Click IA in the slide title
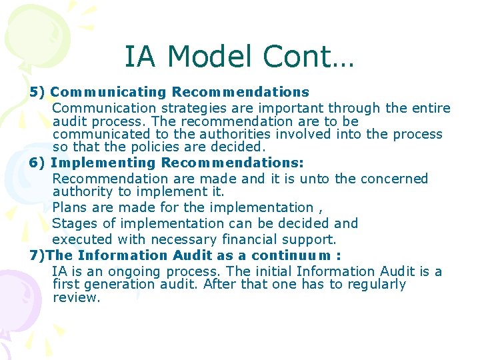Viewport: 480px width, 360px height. pyautogui.click(x=139, y=57)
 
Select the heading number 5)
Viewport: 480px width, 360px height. pyautogui.click(x=37, y=92)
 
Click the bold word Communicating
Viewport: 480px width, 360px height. pyautogui.click(x=109, y=92)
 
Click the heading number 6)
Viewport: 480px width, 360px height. pyautogui.click(x=37, y=163)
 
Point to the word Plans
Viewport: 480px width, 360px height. pyautogui.click(x=69, y=207)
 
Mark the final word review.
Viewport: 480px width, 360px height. pyautogui.click(x=76, y=298)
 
